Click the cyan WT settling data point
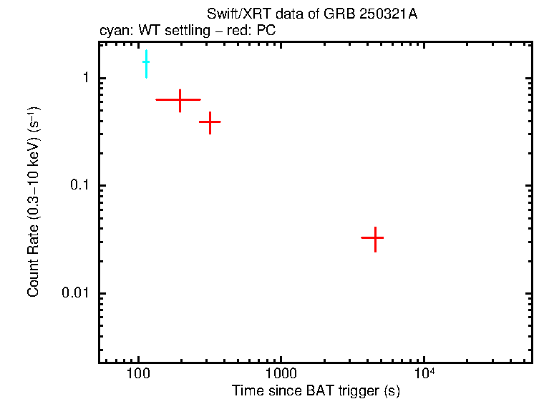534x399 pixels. pyautogui.click(x=146, y=62)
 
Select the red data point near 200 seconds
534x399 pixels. pyautogui.click(x=180, y=100)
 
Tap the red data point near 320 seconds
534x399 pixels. pyautogui.click(x=210, y=122)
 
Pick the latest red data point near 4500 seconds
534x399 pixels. pyautogui.click(x=374, y=237)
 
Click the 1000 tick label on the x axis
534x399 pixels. pyautogui.click(x=281, y=375)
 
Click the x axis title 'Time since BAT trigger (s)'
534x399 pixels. pyautogui.click(x=316, y=390)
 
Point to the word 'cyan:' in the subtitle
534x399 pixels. pyautogui.click(x=115, y=31)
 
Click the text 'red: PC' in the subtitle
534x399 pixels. pyautogui.click(x=256, y=31)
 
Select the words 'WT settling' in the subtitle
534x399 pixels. pyautogui.click(x=172, y=31)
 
